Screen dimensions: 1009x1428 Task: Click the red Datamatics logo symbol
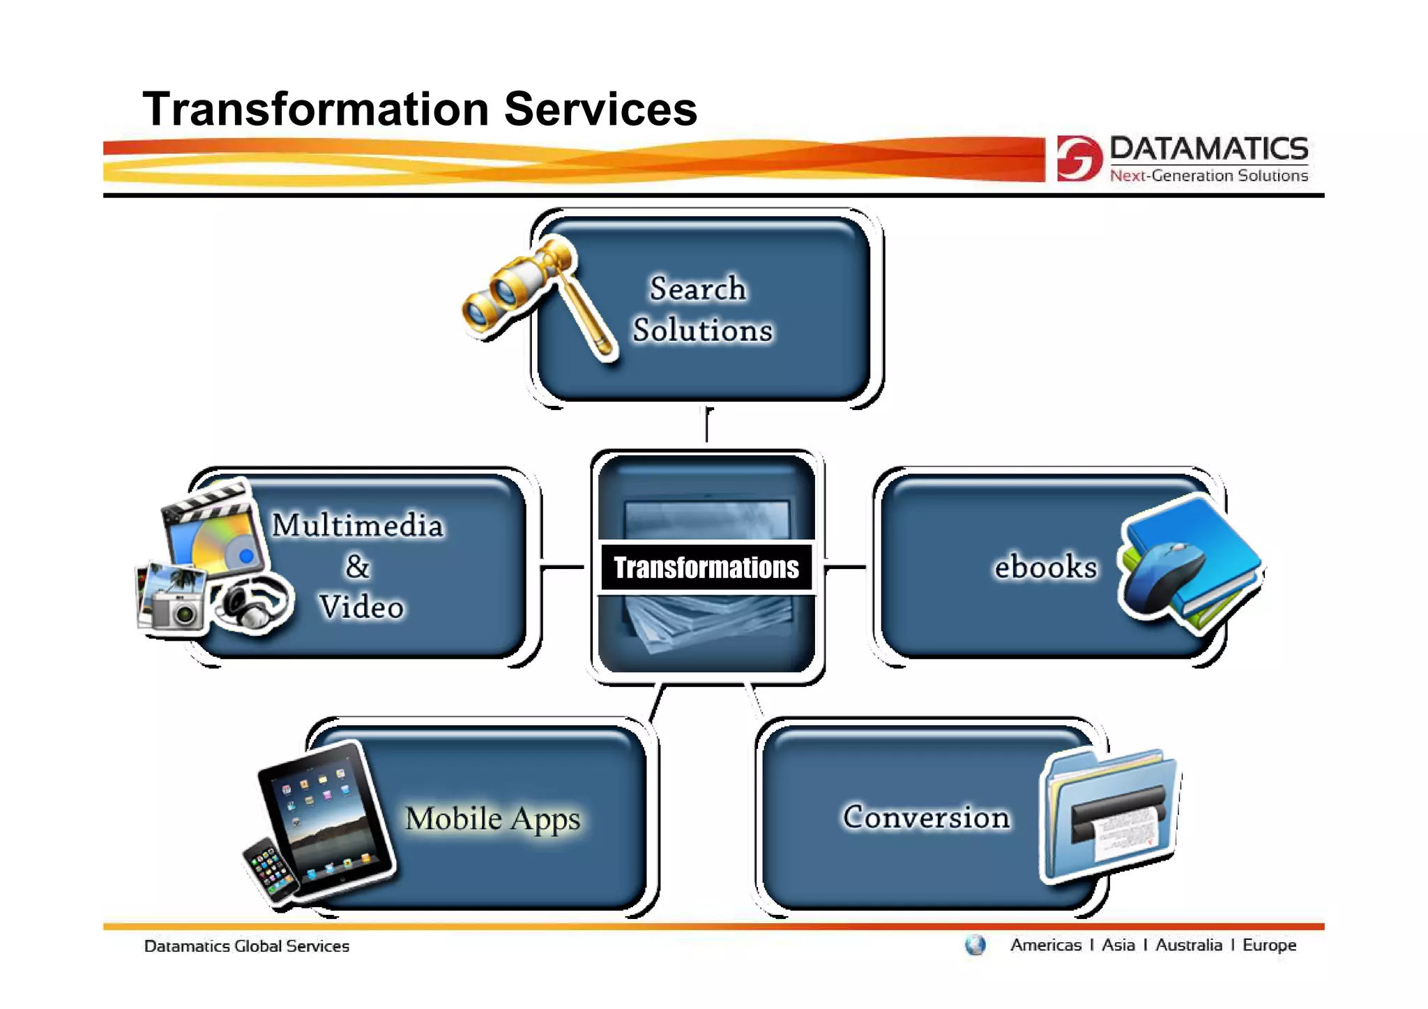tap(1078, 158)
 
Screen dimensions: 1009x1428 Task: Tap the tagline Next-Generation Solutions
tap(1208, 176)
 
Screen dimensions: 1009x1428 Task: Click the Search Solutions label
tap(701, 309)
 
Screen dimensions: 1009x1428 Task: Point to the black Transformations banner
tap(706, 568)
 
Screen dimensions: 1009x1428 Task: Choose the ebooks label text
tap(1045, 566)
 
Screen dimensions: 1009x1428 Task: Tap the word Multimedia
tap(357, 525)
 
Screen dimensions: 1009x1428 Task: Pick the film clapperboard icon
tap(209, 530)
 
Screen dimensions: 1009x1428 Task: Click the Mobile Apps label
tap(492, 819)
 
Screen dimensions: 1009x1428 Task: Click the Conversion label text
tap(925, 817)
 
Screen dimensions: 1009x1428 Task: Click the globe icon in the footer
tap(975, 946)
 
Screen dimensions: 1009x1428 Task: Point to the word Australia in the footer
tap(1188, 946)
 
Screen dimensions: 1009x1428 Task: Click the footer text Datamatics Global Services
tap(246, 946)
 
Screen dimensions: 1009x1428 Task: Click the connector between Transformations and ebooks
tap(845, 567)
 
